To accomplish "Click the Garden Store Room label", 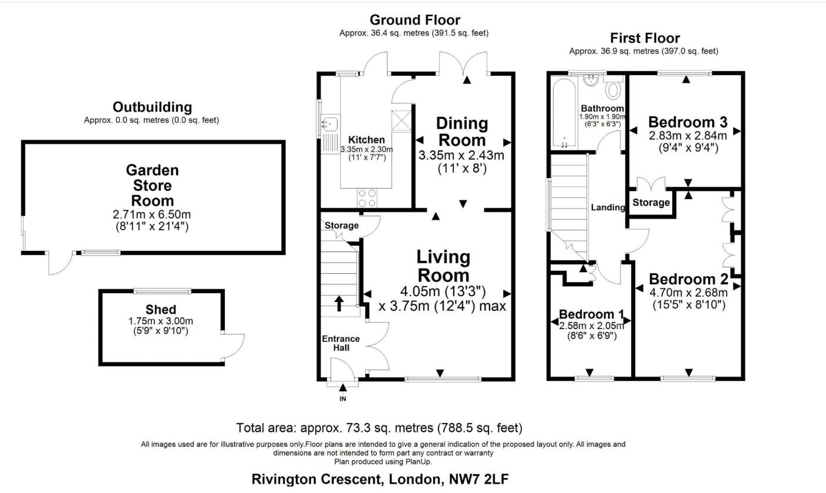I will (x=152, y=186).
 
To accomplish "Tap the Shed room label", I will (x=160, y=310).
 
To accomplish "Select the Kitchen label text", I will (x=366, y=140).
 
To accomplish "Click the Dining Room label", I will (x=462, y=132).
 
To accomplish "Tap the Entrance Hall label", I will (x=341, y=343).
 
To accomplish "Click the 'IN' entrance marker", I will (x=343, y=399).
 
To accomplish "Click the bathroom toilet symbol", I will (x=613, y=90).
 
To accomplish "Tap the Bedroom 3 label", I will (x=687, y=122).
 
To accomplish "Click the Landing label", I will (x=608, y=207).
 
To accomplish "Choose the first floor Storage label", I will (x=651, y=203).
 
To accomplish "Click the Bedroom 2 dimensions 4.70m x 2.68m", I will (x=688, y=293).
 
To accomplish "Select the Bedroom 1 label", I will (x=591, y=314).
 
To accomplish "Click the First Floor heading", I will (x=645, y=38).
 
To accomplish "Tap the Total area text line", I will (x=379, y=428).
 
